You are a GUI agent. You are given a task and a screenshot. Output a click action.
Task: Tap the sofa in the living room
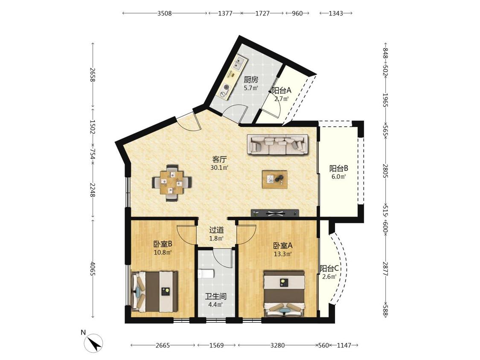(x=278, y=145)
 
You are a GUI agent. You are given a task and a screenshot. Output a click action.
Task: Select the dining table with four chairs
(x=172, y=183)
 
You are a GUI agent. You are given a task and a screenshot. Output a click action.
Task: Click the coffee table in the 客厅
(x=275, y=180)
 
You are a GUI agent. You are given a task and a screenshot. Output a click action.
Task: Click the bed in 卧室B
(x=154, y=291)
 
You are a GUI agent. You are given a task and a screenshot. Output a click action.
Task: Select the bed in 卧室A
(x=285, y=293)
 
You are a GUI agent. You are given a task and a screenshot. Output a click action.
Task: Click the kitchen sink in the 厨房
(x=239, y=63)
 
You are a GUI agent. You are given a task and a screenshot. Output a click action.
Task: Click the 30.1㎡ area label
(x=219, y=168)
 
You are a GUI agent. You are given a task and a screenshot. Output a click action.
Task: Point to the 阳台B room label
(x=339, y=168)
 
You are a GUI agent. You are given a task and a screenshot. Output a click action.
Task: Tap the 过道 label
(x=216, y=230)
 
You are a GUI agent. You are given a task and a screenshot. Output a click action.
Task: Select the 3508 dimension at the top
(x=165, y=13)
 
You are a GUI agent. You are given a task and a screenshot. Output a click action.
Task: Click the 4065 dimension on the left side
(x=92, y=268)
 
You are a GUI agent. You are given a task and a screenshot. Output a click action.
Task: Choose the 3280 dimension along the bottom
(x=277, y=345)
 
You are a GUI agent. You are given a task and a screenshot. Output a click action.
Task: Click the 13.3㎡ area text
(x=282, y=253)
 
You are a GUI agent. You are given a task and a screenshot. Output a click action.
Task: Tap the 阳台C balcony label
(x=329, y=268)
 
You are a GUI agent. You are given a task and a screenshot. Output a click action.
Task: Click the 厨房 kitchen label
(x=251, y=80)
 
